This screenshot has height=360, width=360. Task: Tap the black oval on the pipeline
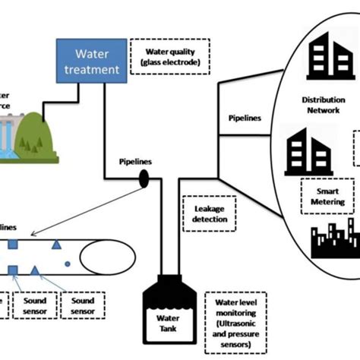coord(143,179)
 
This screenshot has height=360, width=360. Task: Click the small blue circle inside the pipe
coord(68,264)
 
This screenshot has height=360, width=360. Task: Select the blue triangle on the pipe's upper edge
coord(55,244)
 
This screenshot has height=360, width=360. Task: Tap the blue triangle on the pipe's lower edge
coord(35,270)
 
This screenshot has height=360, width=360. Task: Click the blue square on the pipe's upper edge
coord(13,244)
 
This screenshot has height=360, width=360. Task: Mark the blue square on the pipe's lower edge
coord(13,270)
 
